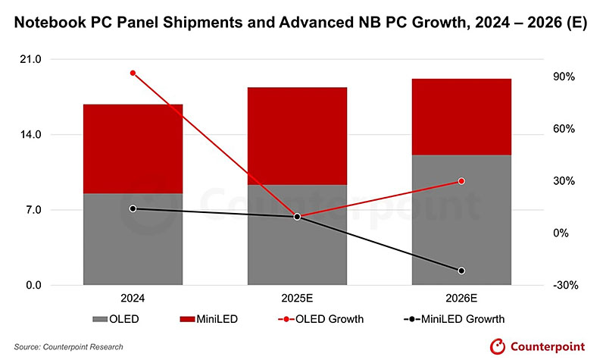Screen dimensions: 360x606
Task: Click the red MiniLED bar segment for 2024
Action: (133, 149)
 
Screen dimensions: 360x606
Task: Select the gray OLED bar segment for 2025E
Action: (297, 235)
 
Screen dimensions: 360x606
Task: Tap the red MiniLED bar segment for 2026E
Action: (461, 117)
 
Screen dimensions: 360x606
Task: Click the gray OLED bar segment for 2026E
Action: (461, 220)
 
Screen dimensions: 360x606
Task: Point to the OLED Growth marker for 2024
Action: (133, 74)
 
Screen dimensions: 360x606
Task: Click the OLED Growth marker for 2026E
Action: (461, 181)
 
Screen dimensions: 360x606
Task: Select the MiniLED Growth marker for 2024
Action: (133, 208)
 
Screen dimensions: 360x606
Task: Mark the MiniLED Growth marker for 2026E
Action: (461, 271)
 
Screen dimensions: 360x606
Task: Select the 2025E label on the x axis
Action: (297, 298)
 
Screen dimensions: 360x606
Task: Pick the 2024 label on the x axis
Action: (133, 298)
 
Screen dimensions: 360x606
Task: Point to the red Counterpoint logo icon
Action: (496, 346)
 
